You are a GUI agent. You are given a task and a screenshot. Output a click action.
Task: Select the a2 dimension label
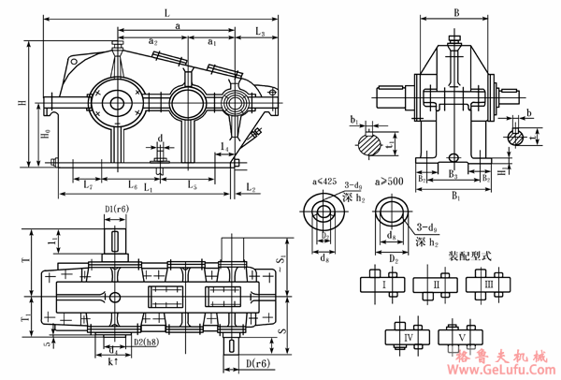pyautogui.click(x=152, y=40)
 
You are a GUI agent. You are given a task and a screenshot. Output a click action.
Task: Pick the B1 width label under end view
pyautogui.click(x=455, y=197)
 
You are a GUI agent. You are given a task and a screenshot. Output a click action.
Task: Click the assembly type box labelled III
pyautogui.click(x=489, y=283)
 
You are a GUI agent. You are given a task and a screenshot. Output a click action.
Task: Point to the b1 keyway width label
pyautogui.click(x=354, y=121)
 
